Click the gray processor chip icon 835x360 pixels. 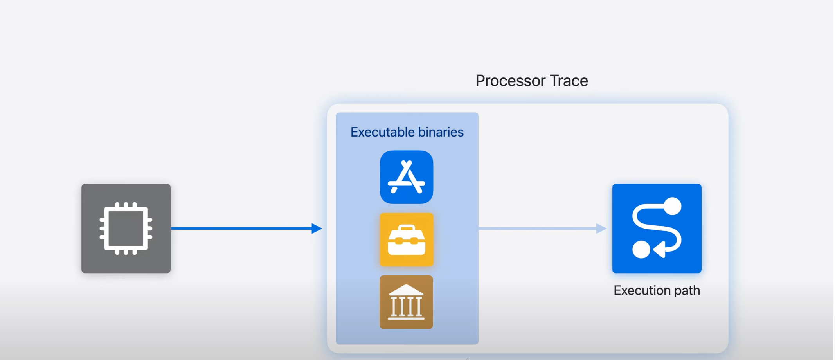coord(126,229)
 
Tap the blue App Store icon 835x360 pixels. coord(406,177)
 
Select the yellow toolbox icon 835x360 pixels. coord(406,239)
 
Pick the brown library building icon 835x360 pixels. coord(406,302)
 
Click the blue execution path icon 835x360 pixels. coord(657,229)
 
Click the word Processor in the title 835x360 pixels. coord(510,81)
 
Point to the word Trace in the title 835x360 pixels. coord(569,81)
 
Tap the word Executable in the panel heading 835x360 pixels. coord(382,132)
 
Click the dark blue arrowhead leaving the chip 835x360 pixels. coord(317,229)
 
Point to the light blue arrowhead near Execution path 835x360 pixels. coord(601,229)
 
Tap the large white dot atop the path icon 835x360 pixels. coord(673,206)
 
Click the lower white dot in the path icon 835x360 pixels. coord(641,250)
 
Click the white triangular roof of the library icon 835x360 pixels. coord(406,290)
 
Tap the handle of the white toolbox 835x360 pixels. coord(407,228)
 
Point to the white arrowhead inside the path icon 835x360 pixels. coord(660,250)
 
